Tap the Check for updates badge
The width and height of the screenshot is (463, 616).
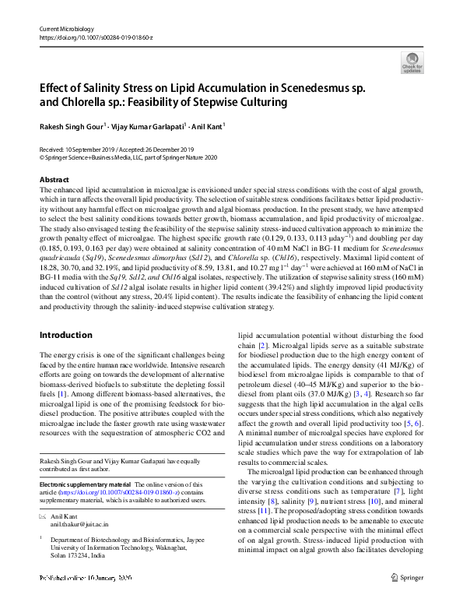coord(412,63)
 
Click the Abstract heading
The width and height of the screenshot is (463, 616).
coord(54,180)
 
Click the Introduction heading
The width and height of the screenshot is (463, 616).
coord(65,335)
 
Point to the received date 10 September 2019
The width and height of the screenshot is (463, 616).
coord(89,149)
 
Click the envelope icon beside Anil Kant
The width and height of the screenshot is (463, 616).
coord(44,517)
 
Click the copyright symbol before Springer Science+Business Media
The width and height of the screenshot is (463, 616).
coord(41,157)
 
